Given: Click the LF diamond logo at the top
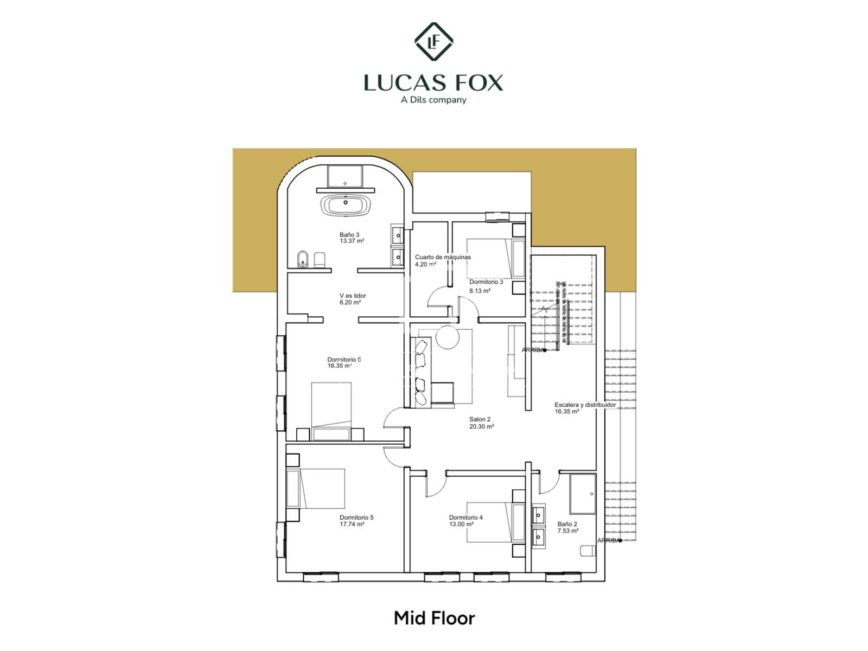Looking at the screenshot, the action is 433,42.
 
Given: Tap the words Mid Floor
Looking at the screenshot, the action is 434,618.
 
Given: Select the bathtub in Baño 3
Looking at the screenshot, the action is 345,205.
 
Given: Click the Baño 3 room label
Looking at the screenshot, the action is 352,238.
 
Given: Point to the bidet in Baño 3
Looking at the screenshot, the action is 303,259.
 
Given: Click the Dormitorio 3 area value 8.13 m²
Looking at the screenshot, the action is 480,291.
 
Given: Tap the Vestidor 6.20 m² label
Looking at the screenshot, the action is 352,299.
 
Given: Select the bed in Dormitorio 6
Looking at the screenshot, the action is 331,411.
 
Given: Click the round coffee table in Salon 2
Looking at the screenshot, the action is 447,336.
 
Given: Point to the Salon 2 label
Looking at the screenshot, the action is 481,423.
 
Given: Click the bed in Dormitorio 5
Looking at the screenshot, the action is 316,489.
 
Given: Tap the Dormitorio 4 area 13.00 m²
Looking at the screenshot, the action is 461,524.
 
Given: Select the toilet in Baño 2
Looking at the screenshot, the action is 588,551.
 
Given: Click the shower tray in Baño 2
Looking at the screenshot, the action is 583,494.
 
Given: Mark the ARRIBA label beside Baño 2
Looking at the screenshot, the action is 608,540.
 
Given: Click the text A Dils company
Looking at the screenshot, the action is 433,100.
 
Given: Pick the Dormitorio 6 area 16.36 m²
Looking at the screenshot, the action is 340,366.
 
